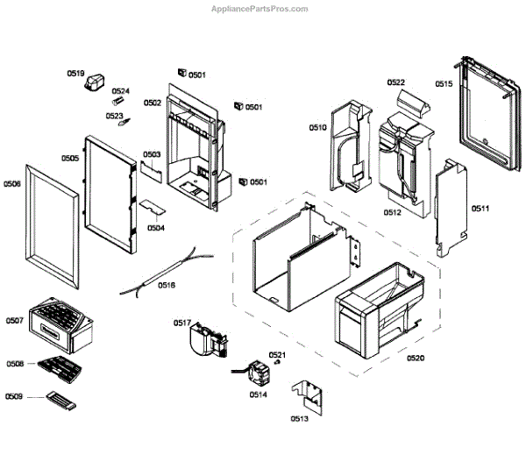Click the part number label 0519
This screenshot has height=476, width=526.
[x=76, y=74]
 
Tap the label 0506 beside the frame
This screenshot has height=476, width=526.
[x=12, y=184]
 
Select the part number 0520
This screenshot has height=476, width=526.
[x=415, y=358]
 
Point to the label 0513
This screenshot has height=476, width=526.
[x=300, y=419]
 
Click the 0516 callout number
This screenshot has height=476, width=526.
[x=167, y=285]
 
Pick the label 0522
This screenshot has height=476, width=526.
[x=396, y=83]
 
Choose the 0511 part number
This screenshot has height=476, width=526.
[x=480, y=209]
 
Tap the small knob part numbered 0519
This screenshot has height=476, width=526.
[x=93, y=84]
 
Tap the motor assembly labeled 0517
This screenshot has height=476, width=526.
[x=208, y=341]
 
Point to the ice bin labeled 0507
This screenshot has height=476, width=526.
[x=59, y=323]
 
